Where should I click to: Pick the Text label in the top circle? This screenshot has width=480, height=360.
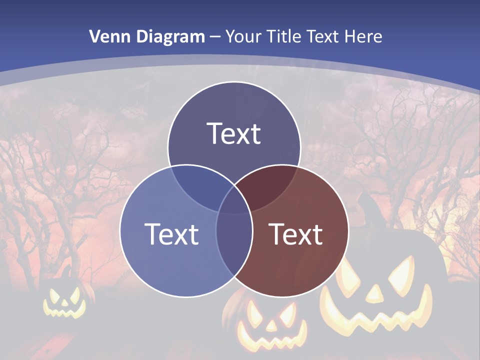(234, 133)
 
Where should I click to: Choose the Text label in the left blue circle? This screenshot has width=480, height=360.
(171, 234)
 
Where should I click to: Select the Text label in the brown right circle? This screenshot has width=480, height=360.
(296, 234)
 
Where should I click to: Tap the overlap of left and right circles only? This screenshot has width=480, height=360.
(234, 250)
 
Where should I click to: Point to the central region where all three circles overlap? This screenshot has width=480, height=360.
(234, 202)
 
